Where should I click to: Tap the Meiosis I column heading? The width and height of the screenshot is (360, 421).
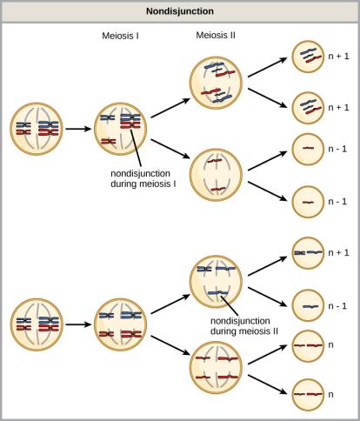[x=123, y=36]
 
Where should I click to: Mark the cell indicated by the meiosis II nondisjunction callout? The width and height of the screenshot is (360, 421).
[x=216, y=280]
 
